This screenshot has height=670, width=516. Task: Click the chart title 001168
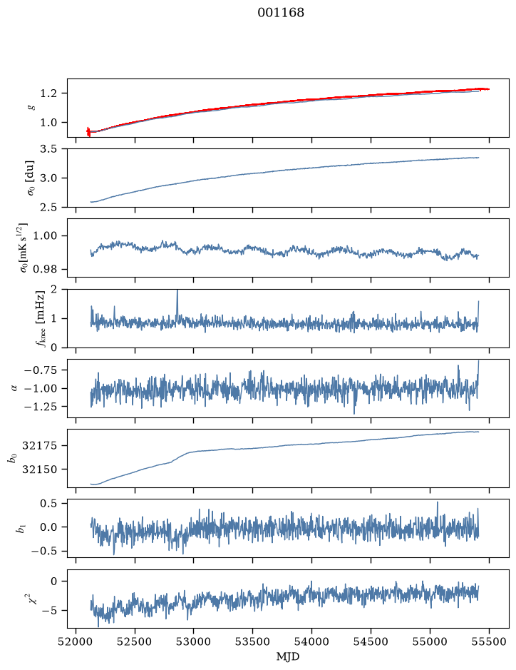[x=280, y=13]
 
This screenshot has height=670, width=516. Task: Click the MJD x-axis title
[x=288, y=656]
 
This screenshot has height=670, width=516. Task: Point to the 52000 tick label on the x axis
[x=76, y=641]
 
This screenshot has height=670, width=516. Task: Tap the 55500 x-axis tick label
[x=489, y=641]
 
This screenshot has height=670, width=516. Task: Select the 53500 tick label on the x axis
[x=253, y=641]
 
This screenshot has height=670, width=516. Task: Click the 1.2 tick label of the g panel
[x=48, y=93]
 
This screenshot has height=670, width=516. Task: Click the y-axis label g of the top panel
[x=31, y=108]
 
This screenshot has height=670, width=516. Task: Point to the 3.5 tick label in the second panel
[x=48, y=149]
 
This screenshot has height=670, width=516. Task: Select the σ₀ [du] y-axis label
[x=31, y=178]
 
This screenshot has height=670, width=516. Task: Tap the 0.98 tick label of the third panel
[x=45, y=269]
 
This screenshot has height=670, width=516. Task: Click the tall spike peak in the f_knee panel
[x=177, y=290]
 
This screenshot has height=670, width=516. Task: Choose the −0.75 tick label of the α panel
[x=41, y=370]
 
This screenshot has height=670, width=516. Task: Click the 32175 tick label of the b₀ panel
[x=39, y=446]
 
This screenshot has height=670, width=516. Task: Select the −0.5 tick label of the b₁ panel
[x=43, y=552]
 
